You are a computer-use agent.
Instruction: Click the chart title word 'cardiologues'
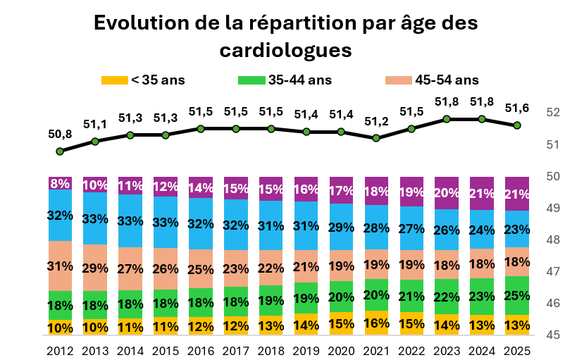point(285,51)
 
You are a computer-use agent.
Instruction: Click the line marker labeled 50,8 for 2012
point(60,151)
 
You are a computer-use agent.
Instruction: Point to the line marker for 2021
point(376,138)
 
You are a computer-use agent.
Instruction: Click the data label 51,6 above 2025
point(517,108)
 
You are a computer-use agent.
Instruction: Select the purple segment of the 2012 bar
point(60,183)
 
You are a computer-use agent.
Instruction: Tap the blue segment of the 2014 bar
point(130,221)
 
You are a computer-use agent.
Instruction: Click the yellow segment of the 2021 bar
point(376,323)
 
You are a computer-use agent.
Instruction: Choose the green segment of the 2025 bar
point(517,295)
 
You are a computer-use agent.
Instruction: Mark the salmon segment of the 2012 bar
point(60,266)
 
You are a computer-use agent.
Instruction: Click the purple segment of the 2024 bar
point(482,193)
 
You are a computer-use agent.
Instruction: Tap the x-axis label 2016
point(201,350)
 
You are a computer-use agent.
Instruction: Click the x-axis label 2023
point(447,350)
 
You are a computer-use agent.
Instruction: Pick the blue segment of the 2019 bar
point(306,225)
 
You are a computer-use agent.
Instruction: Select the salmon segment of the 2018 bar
point(271,268)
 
